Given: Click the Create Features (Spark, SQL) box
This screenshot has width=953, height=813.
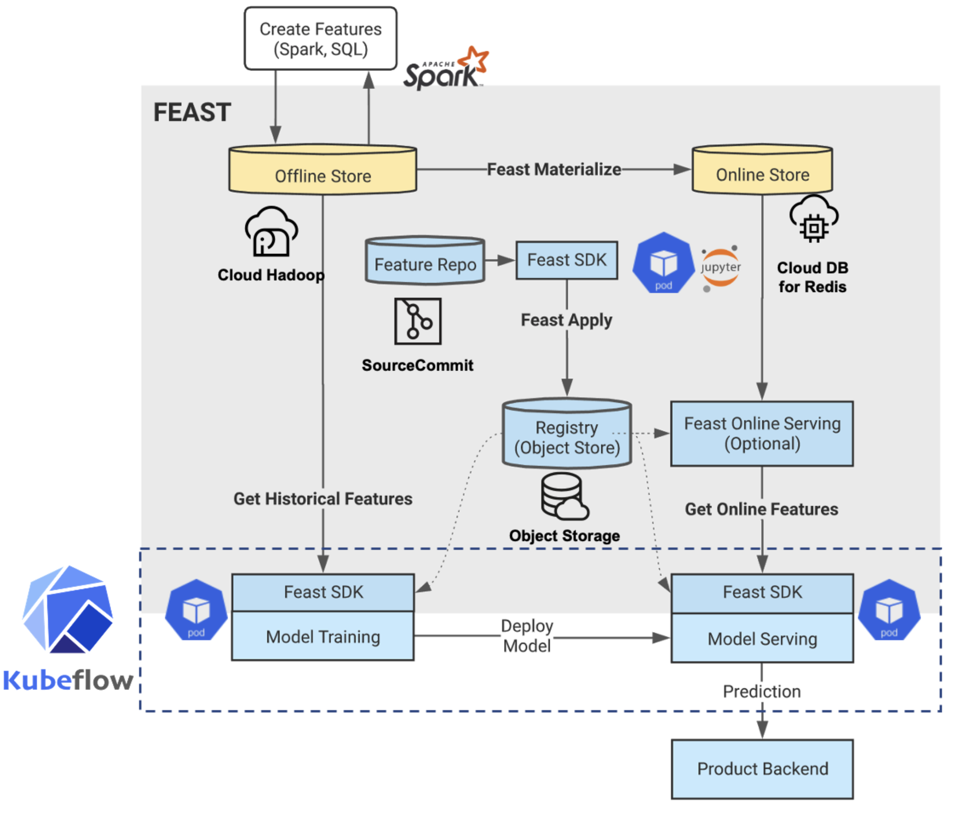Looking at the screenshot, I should [x=320, y=38].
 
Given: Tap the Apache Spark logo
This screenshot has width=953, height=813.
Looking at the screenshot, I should [x=445, y=69].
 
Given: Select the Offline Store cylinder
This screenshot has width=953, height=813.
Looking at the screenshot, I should [x=323, y=170].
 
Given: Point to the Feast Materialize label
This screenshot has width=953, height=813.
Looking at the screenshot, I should [x=554, y=169].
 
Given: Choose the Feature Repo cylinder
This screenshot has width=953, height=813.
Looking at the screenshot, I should [x=425, y=261].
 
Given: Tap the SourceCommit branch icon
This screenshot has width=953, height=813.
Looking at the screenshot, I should [x=417, y=321].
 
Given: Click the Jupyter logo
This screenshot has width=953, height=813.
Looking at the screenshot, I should [x=720, y=267].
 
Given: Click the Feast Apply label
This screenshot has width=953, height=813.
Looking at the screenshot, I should [x=566, y=320].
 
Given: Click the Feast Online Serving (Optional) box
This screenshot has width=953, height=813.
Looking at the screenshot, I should [x=762, y=434].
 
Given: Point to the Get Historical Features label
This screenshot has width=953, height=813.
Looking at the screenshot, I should [x=323, y=499].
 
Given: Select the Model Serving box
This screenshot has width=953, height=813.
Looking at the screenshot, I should [x=762, y=638].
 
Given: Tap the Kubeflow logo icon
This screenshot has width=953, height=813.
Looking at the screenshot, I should [x=68, y=609].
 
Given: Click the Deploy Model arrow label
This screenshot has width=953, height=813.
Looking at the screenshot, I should [x=527, y=636].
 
